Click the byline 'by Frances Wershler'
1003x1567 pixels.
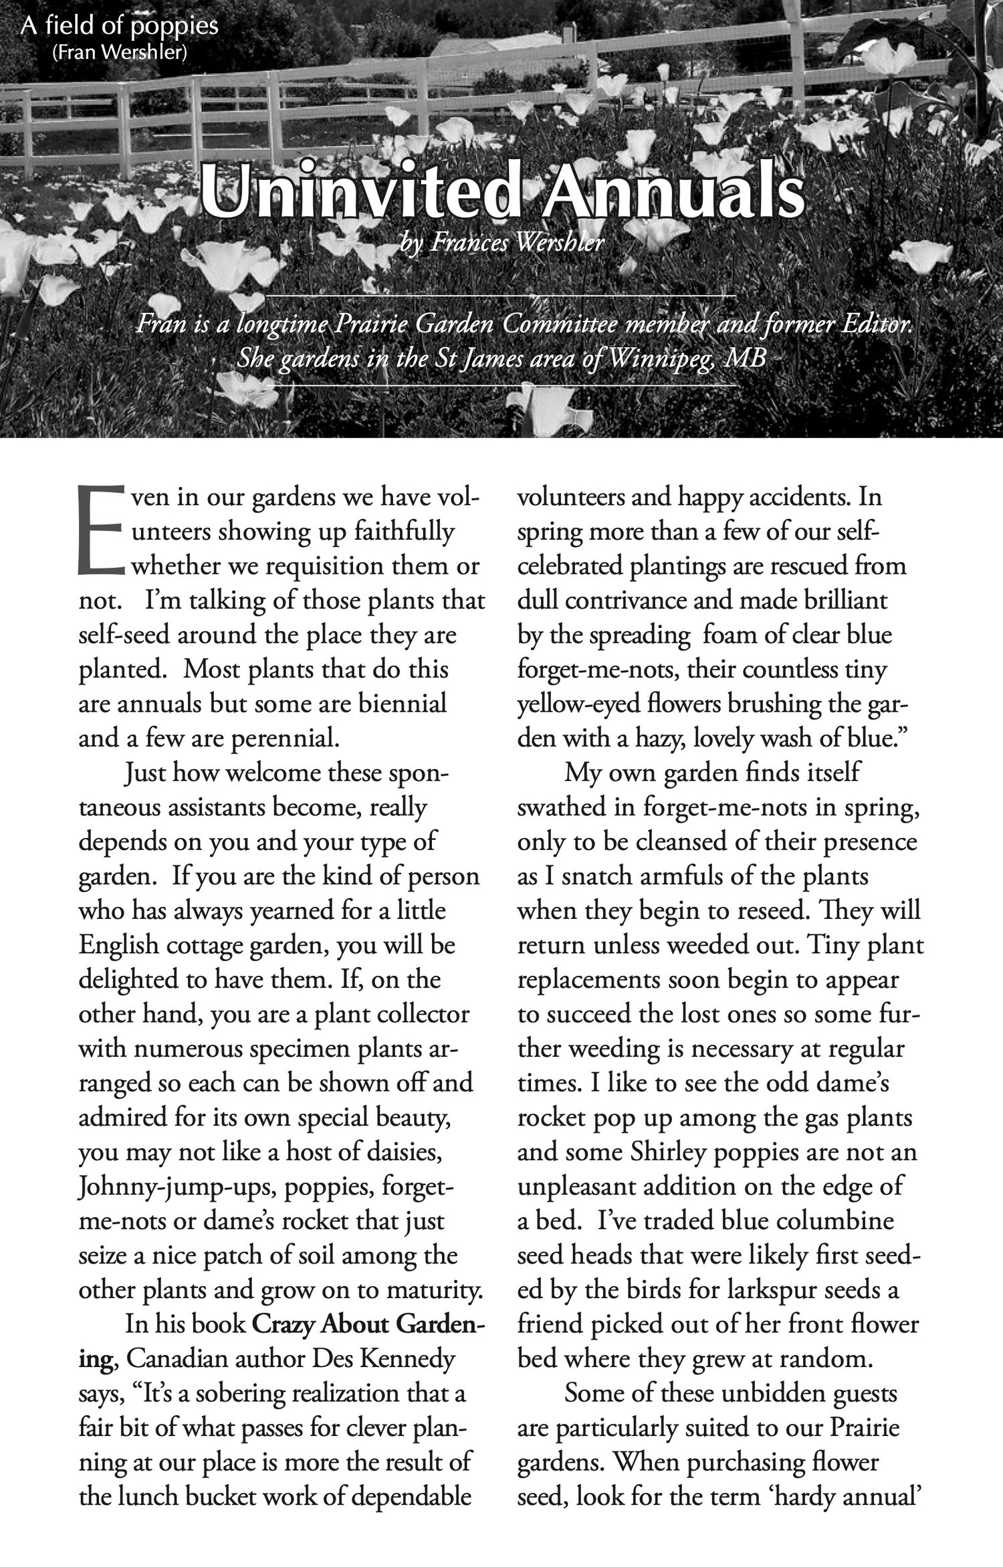click(x=501, y=243)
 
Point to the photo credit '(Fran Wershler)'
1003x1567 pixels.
click(x=119, y=52)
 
